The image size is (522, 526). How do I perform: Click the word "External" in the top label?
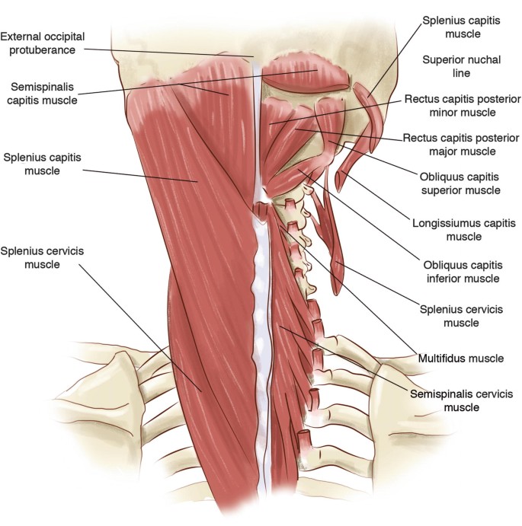pyautogui.click(x=22, y=37)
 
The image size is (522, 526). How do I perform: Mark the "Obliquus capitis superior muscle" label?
pyautogui.click(x=463, y=183)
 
